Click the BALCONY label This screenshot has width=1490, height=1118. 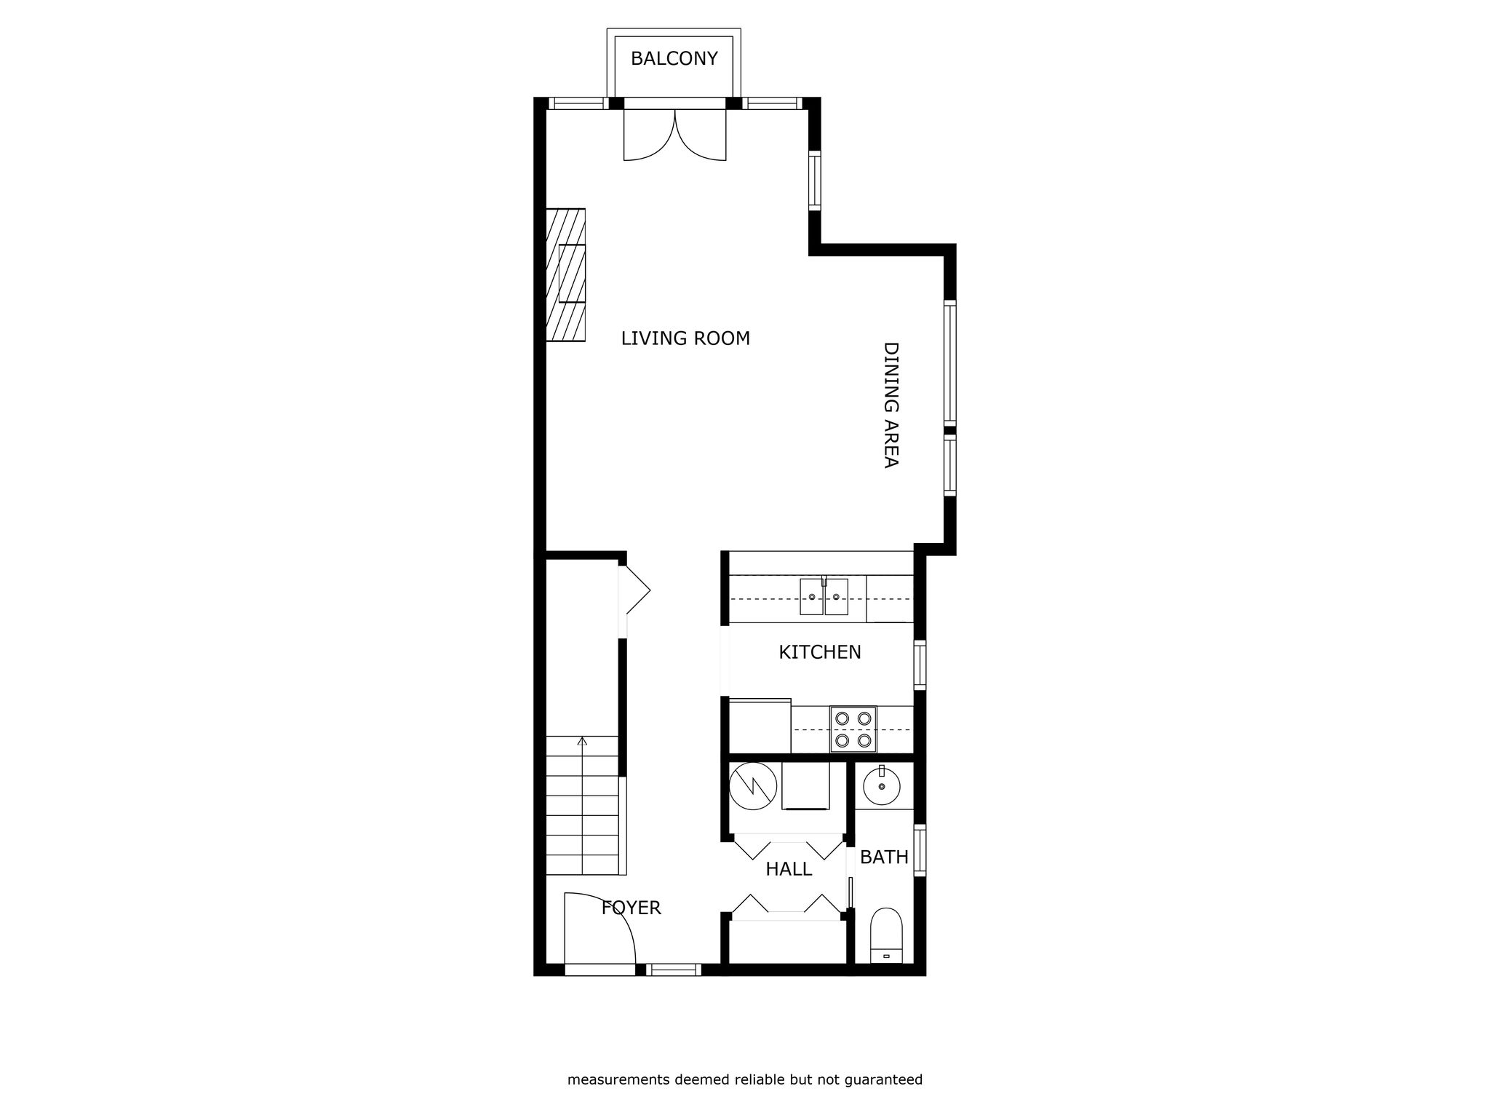674,59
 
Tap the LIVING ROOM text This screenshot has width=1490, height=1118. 685,338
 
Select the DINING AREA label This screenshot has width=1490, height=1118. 891,405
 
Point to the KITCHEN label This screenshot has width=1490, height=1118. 820,652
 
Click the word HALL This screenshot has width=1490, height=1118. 789,869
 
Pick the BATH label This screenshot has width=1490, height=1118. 884,857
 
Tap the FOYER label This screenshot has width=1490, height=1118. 631,908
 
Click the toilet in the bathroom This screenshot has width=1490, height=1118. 886,935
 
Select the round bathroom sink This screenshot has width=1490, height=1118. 881,786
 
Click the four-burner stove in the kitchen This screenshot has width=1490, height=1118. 853,729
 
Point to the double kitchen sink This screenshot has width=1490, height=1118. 824,596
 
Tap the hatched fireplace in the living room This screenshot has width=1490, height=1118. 566,275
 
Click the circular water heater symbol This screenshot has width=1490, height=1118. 753,786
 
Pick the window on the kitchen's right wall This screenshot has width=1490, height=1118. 920,665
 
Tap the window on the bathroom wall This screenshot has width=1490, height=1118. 920,850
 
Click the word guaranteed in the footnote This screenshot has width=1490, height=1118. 885,1079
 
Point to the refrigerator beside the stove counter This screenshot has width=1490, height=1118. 760,726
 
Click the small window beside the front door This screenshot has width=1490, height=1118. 674,970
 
